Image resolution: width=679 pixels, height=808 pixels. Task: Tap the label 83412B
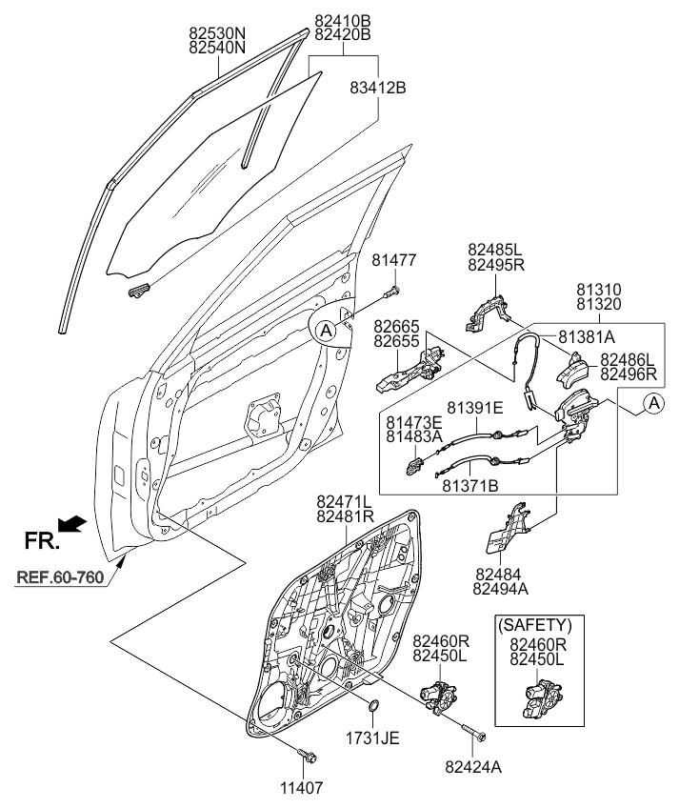[380, 89]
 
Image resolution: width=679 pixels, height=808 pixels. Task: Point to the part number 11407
[307, 787]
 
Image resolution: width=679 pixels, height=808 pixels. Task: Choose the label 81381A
[587, 336]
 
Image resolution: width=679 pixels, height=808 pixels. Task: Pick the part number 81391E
[475, 408]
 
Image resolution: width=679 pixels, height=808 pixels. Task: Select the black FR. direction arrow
[72, 523]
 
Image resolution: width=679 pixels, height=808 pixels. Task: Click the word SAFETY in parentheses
[535, 626]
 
